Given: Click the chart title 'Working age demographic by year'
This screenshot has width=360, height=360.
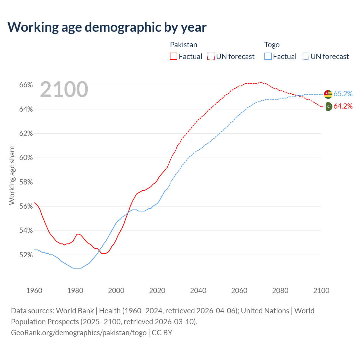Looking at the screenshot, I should pos(107,27).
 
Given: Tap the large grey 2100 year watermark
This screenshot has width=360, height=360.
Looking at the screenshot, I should pos(64,89).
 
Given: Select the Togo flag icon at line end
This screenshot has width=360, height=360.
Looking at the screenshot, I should pos(328,94).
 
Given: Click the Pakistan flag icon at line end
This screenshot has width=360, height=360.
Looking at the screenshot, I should pos(328,107).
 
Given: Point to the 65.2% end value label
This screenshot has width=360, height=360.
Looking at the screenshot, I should pos(343,94).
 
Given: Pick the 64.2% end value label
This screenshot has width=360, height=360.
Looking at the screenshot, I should pos(343,106).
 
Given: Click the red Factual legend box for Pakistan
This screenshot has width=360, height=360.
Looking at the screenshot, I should pos(174,57).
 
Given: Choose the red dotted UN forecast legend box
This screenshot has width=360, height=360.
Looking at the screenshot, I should pos(211,57).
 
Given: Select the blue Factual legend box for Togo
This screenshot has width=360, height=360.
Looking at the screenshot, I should pos(268,57).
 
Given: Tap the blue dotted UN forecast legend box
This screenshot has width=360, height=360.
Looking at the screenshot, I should pos(305,57).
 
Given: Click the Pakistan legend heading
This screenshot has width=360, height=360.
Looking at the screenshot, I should pos(184,45).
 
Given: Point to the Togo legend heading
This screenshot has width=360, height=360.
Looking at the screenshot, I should pos(272,45).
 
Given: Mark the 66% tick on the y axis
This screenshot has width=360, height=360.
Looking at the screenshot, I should pos(26,85).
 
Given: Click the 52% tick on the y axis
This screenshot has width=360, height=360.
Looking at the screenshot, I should pos(26,255).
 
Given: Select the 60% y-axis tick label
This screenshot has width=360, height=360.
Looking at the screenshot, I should pos(26,158).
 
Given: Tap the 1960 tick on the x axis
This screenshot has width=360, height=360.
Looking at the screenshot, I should pos(34,291).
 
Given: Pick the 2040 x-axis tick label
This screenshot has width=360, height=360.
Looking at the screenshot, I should pos(198,291).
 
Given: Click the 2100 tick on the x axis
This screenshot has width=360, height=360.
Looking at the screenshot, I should pos(321,291).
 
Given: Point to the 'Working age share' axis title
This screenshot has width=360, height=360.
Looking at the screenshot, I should pos(12,175).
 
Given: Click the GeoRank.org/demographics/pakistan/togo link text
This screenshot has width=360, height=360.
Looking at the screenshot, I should pos(79,333).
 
